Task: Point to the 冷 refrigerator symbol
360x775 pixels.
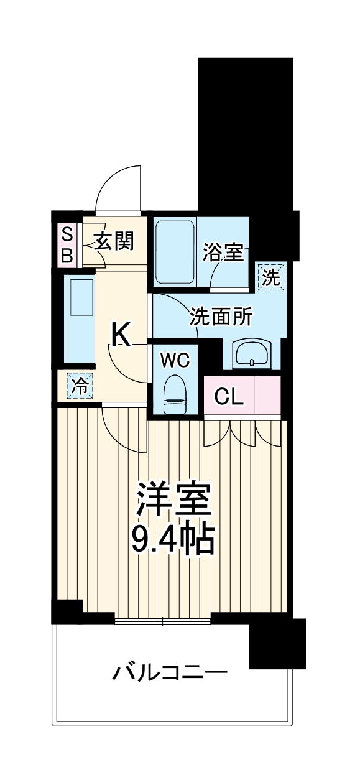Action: pos(79,386)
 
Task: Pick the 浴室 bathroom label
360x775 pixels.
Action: pos(223,253)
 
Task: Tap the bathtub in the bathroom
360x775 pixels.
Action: pos(175,253)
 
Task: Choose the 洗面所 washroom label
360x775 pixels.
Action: pos(221,317)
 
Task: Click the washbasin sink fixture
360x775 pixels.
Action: pos(252,354)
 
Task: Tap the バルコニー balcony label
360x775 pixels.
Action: pos(170,672)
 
